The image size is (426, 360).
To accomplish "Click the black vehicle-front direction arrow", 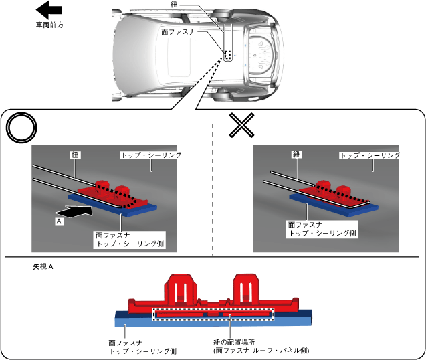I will (49, 10).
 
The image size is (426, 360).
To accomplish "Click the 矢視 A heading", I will (43, 266).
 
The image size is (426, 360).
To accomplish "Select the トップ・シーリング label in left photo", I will (151, 155).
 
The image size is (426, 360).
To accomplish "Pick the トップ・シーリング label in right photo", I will (370, 155).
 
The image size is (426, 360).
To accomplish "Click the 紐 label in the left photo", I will (74, 154).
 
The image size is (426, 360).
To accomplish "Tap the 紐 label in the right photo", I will (296, 154).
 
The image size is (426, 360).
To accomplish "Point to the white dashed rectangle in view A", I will (213, 313).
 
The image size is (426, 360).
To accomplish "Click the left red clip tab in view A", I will (181, 290).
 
